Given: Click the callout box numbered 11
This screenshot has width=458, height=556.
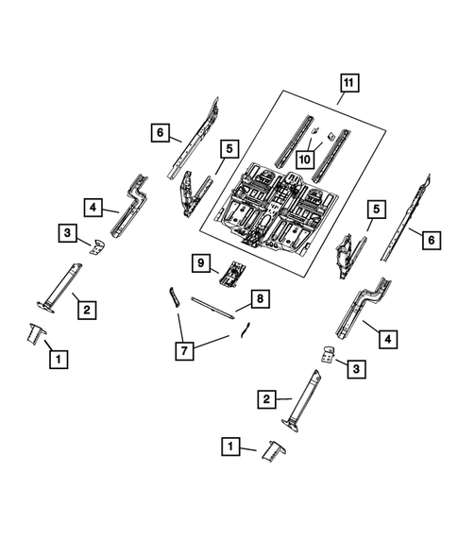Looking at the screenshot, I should coord(348,84).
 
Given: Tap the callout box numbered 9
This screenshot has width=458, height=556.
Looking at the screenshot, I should coord(199,263).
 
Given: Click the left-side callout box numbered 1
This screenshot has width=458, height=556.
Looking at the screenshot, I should coord(59,359).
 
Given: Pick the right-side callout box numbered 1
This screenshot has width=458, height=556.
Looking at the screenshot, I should coord(229,445).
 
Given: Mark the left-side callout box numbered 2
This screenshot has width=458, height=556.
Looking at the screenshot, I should coord(85,309).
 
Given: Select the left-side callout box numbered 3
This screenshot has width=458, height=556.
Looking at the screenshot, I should coord(67,232).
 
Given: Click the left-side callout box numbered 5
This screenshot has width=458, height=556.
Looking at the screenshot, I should coord(228,147).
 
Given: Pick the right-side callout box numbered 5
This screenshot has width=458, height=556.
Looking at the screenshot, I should coord(376,209).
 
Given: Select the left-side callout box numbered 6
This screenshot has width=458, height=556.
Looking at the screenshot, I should coord(160,133).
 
